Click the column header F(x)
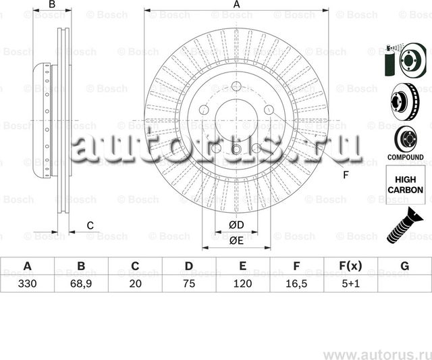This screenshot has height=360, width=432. click(x=351, y=266)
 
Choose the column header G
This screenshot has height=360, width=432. click(x=404, y=266)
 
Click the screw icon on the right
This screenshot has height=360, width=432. click(x=404, y=226)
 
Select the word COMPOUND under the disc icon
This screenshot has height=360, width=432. click(x=405, y=157)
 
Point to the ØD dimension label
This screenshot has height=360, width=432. click(x=236, y=224)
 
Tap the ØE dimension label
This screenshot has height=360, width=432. click(x=236, y=240)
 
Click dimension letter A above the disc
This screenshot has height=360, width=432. click(x=236, y=5)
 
